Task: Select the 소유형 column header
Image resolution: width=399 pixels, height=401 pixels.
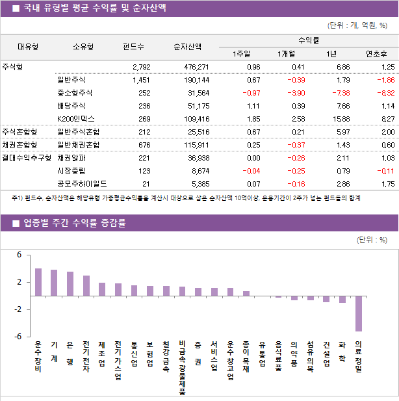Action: (83, 47)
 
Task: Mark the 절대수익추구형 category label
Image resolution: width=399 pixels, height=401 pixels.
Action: (26, 158)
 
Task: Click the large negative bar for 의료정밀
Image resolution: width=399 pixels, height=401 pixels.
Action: (359, 313)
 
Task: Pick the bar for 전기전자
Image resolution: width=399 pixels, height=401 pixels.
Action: (86, 286)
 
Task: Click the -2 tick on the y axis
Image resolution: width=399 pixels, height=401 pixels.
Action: (18, 309)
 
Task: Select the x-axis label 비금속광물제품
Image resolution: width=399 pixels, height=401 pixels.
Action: (183, 368)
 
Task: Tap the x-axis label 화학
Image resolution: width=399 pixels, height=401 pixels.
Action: (342, 352)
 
